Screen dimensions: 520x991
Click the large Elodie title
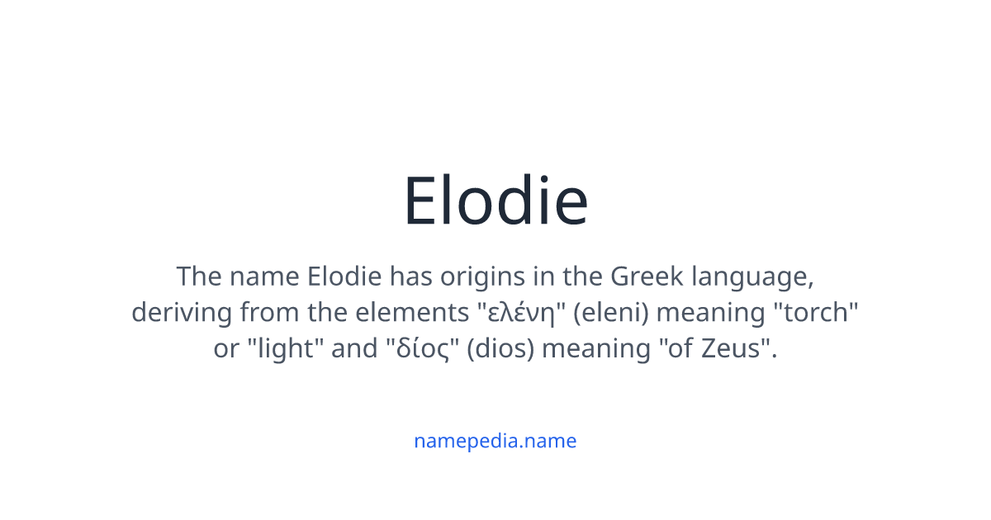(495, 201)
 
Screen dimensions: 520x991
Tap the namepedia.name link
(495, 441)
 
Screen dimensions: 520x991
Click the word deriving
(182, 313)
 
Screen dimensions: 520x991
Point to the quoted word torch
(816, 313)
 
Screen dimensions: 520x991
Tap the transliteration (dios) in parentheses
(500, 349)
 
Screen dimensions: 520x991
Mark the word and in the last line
(354, 349)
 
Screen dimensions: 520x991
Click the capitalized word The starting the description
(198, 276)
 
